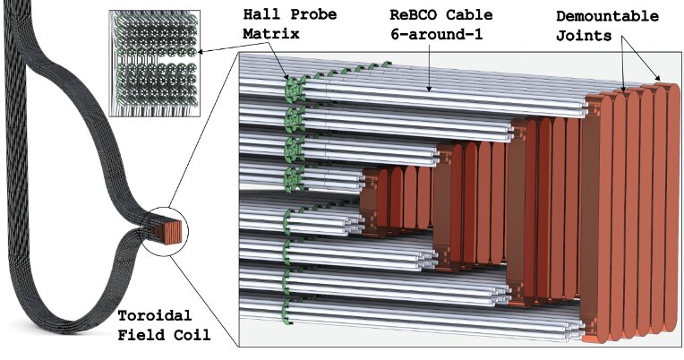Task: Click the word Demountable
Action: [x=607, y=16]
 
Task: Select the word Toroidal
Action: [x=150, y=318]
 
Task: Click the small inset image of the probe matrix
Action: [x=150, y=63]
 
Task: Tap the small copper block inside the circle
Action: [x=169, y=229]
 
